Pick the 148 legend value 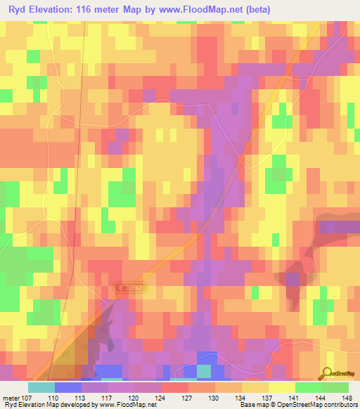347,398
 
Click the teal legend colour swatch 41,387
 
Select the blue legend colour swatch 68,387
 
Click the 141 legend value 295,398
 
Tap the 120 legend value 136,398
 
